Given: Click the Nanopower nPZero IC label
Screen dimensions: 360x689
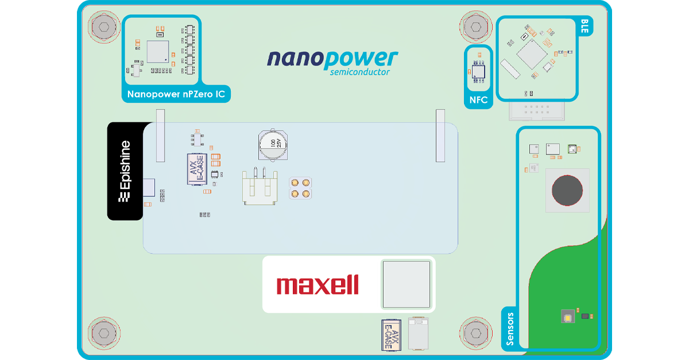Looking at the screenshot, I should click(176, 94).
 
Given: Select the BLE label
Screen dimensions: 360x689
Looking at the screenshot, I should click(585, 26).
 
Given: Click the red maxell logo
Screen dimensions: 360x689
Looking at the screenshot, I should click(318, 285).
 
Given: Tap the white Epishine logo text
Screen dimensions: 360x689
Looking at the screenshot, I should click(125, 172).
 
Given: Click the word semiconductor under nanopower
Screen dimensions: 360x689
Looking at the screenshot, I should click(360, 72).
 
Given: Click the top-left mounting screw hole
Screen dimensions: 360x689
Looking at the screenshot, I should click(104, 26).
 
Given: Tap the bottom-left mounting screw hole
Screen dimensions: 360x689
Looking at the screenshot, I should click(104, 333).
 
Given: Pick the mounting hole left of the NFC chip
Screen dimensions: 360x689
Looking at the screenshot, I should click(475, 26).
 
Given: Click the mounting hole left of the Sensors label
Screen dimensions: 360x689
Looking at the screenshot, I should click(475, 333).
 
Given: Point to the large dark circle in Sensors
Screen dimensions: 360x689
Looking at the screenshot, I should click(567, 190).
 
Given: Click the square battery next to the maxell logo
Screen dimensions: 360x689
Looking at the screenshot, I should click(406, 284).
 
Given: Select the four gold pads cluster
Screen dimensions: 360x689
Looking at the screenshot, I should click(300, 188).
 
